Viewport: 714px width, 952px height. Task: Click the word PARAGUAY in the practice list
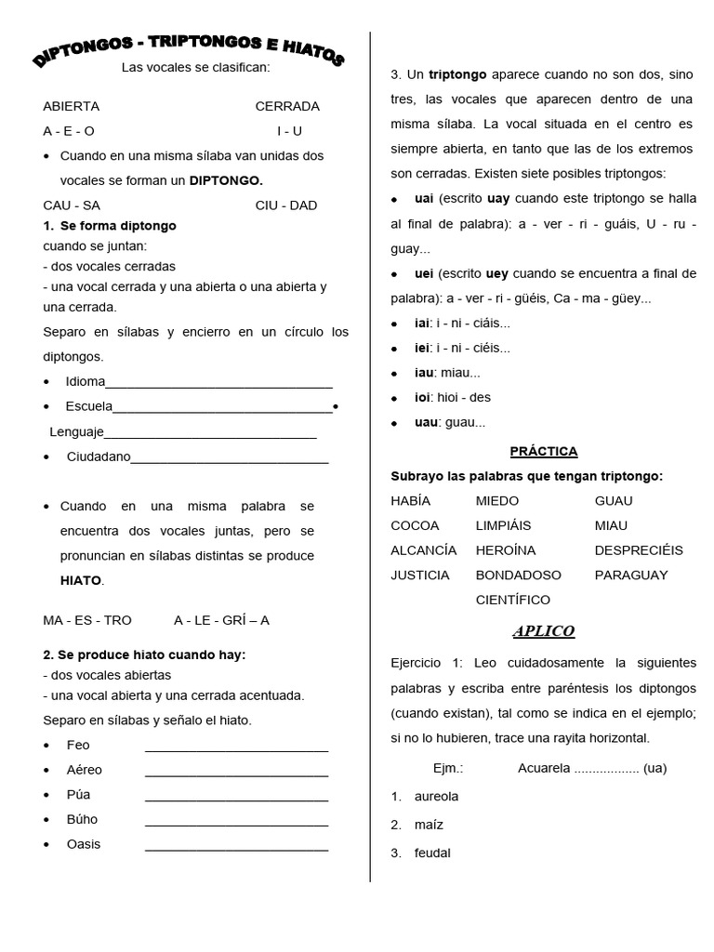pos(631,575)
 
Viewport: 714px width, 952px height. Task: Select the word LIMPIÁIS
pos(503,525)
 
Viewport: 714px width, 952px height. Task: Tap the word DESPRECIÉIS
pos(639,549)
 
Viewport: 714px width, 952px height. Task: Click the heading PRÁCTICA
pos(544,451)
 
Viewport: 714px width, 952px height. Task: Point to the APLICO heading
pos(544,631)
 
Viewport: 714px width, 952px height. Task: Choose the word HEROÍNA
pos(506,549)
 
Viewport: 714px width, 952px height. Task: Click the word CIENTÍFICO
pos(512,600)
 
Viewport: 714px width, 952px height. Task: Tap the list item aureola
pos(436,796)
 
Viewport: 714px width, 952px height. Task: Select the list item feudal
pos(432,853)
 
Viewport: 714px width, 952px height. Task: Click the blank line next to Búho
pos(236,825)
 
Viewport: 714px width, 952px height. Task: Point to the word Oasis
pos(84,844)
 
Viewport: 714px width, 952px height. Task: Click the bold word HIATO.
pos(80,580)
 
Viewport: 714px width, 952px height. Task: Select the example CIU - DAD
pos(286,205)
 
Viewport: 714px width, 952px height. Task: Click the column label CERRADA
pos(287,106)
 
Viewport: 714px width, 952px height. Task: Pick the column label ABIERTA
pos(71,106)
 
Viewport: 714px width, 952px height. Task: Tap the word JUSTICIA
pos(420,575)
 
